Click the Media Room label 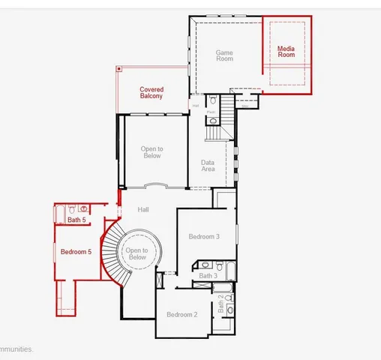coord(286,52)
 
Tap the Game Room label coord(224,55)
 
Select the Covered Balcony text coord(151,93)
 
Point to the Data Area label coord(208,166)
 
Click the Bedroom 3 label coord(203,237)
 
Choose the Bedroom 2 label coord(181,314)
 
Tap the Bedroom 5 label coord(76,252)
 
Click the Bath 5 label coord(76,220)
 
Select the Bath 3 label coord(208,276)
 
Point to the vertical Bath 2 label coord(220,302)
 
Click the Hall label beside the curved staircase coord(144,210)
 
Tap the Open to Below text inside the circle coord(137,253)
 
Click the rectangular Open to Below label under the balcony coord(152,152)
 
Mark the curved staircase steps coord(111,255)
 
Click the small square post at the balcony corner coord(118,68)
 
